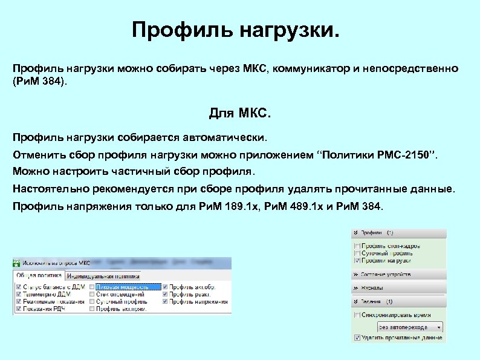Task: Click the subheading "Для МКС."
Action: click(x=240, y=113)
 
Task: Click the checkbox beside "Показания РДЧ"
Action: click(x=18, y=309)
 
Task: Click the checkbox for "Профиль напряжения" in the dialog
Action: click(x=164, y=301)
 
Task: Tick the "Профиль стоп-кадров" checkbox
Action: click(x=357, y=246)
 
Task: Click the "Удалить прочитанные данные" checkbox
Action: click(x=357, y=338)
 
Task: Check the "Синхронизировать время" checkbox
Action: click(x=357, y=315)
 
